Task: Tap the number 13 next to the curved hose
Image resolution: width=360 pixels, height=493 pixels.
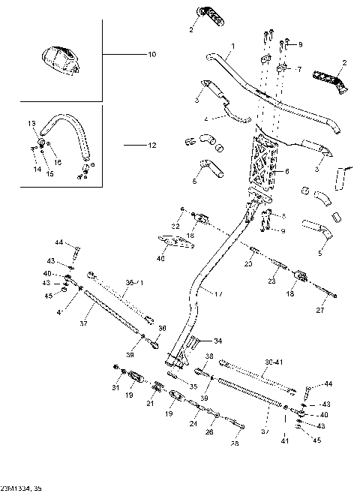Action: pyautogui.click(x=31, y=122)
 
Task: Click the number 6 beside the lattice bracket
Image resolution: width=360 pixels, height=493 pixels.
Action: pyautogui.click(x=286, y=172)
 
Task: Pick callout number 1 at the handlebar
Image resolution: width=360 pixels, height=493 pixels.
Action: pyautogui.click(x=232, y=47)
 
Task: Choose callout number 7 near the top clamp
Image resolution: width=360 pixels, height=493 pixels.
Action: pyautogui.click(x=298, y=69)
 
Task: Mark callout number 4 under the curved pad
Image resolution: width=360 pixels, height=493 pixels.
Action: pyautogui.click(x=205, y=119)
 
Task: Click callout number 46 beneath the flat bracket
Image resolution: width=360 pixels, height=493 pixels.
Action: pyautogui.click(x=160, y=258)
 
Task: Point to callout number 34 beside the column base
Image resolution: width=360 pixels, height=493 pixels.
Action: pyautogui.click(x=217, y=340)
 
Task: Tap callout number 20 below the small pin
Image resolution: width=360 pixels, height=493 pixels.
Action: pyautogui.click(x=247, y=264)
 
